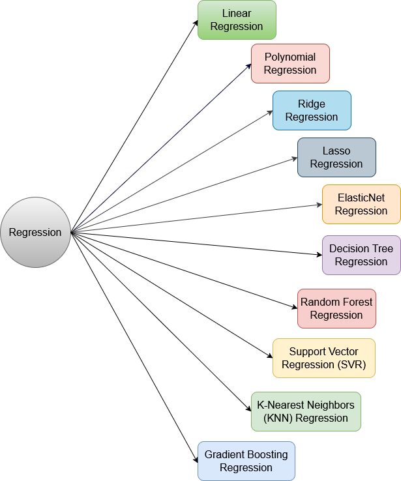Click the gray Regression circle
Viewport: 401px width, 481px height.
(35, 233)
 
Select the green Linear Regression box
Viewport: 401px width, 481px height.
(237, 20)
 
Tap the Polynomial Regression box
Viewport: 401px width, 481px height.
(290, 64)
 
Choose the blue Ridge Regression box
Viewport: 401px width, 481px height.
(312, 111)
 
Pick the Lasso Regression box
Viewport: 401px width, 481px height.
(336, 158)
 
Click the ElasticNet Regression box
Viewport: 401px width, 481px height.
(361, 205)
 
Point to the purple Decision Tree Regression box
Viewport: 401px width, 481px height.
(361, 255)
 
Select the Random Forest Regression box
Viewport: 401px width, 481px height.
(336, 309)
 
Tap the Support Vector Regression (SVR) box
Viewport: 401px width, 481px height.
(324, 358)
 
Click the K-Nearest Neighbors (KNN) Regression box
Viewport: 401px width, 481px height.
(306, 412)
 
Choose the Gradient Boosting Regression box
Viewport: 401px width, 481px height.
(246, 461)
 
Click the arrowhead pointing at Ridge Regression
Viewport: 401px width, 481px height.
(270, 112)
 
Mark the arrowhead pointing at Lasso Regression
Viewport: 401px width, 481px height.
(295, 158)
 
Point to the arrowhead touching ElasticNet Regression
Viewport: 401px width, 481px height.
(319, 205)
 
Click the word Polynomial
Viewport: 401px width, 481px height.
(290, 57)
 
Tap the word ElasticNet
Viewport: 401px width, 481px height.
(361, 197)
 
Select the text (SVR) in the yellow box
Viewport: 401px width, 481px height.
(352, 365)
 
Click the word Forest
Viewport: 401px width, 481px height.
(357, 302)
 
